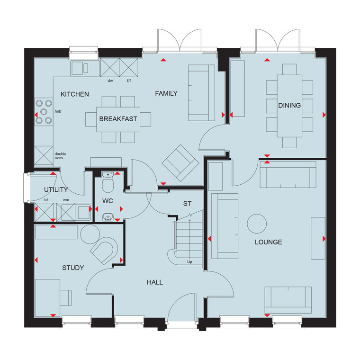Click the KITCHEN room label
pos(75,94)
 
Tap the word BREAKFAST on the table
pos(118,119)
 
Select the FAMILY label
pos(166,93)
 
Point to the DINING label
pos(289,105)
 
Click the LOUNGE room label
pos(269,242)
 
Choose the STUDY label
pos(73,268)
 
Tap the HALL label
pos(155,282)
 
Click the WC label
pos(108,201)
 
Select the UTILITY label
pos(56,189)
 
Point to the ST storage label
pos(188,203)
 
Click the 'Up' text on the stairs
pos(189,262)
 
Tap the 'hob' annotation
pos(58,111)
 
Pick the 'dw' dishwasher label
pos(110,81)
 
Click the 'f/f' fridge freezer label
pos(129,81)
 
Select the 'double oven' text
pos(60,156)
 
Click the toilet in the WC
pos(108,182)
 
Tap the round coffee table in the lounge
pos(257,224)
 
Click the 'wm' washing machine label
pos(66,200)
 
